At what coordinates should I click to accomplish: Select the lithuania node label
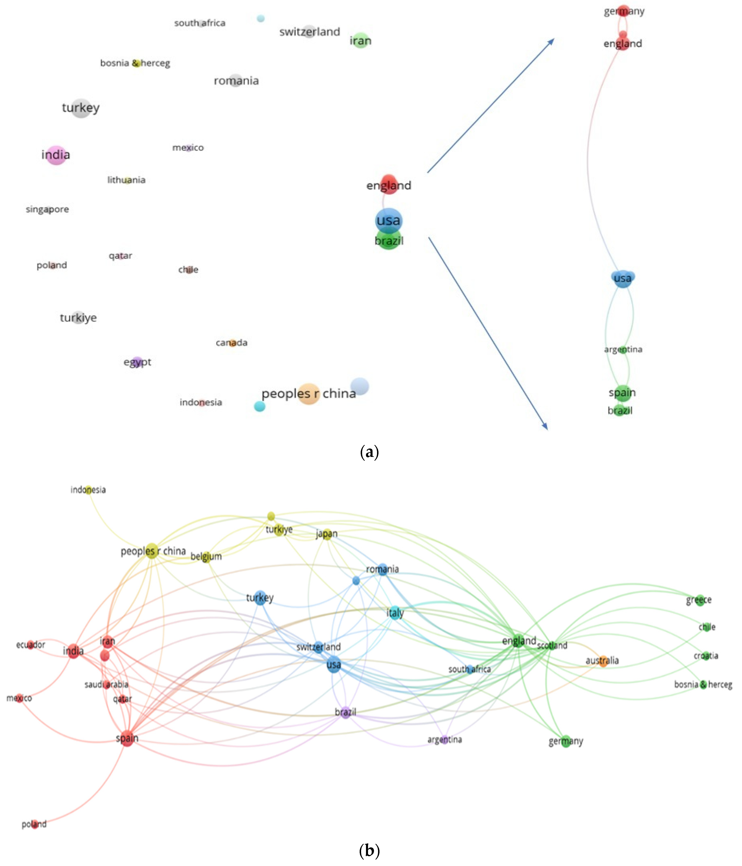pos(126,180)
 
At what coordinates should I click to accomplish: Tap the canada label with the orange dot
pos(232,343)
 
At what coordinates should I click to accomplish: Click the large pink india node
pos(56,155)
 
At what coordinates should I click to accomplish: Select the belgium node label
pos(206,556)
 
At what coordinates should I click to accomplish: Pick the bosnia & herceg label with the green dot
pos(703,685)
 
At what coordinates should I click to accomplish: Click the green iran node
pos(360,40)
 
